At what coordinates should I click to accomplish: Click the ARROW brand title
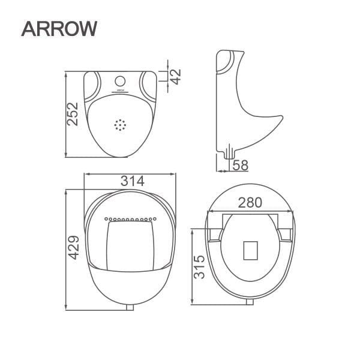pos(58,28)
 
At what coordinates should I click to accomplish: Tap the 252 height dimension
pos(73,114)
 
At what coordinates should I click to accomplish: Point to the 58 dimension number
pos(239,164)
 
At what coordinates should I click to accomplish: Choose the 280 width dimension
pos(250,202)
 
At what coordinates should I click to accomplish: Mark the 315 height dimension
pos(199,266)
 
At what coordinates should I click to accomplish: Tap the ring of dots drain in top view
pos(121,125)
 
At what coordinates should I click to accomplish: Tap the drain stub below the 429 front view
pos(131,307)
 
